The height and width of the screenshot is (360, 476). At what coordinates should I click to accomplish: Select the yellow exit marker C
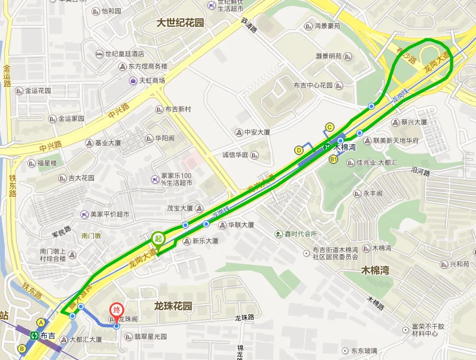329,127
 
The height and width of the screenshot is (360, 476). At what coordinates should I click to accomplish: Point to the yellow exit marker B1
333,160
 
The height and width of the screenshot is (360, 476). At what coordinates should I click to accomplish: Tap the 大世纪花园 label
180,23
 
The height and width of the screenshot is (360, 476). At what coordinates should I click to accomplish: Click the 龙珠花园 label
173,306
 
